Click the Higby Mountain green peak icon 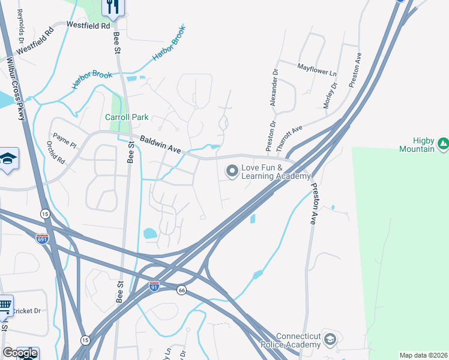point(443,143)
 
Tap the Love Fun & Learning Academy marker point(232,172)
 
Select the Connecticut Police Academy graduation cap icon point(330,340)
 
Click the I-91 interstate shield point(154,286)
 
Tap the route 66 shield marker point(181,290)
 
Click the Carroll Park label point(126,118)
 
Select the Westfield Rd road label point(88,26)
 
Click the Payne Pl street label point(65,140)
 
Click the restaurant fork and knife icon point(112,6)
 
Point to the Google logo point(20,353)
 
